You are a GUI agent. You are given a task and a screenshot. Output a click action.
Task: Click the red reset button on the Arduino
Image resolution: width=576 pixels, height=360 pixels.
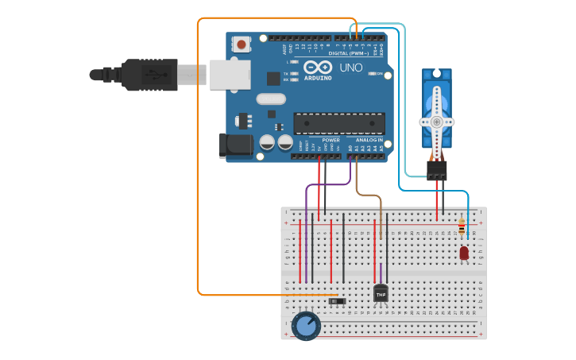[241, 45]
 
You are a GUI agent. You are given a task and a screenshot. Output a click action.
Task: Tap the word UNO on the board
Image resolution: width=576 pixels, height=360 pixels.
[351, 68]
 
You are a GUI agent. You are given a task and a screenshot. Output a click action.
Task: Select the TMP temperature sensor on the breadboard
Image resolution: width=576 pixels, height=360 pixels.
[381, 293]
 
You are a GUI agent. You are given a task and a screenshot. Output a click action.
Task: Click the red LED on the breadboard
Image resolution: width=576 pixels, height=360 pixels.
[464, 253]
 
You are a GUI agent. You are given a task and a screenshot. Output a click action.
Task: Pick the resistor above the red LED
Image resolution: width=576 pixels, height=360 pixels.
[462, 227]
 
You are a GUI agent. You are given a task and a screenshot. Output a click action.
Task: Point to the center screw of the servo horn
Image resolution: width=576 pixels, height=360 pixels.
[436, 122]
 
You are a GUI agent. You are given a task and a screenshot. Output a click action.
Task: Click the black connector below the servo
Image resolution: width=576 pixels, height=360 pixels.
[436, 170]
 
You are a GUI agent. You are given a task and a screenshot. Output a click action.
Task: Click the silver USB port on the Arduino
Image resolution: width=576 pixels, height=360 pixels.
[229, 74]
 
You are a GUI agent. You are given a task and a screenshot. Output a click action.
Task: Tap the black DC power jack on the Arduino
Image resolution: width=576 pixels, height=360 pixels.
[234, 144]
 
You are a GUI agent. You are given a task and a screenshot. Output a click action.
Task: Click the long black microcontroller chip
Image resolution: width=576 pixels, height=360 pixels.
[339, 123]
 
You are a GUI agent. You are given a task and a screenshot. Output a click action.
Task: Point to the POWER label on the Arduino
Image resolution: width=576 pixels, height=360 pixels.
[331, 140]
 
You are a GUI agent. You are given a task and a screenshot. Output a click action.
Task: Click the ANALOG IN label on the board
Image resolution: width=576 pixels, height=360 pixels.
[369, 140]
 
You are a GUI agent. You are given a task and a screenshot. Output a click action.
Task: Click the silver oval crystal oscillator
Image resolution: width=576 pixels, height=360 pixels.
[270, 99]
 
